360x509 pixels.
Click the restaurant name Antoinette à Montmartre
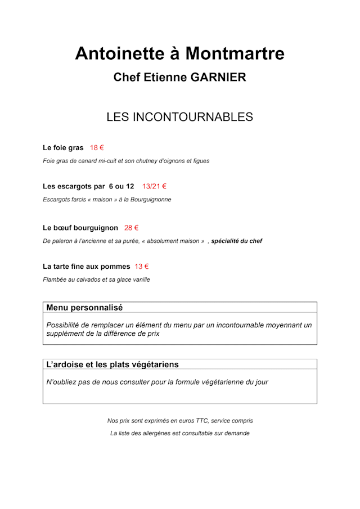click(179, 53)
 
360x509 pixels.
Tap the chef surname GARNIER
click(218, 78)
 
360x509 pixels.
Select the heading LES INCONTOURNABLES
click(179, 117)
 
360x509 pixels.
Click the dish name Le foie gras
click(63, 148)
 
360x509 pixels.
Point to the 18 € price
click(97, 148)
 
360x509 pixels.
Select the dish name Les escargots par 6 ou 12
click(88, 186)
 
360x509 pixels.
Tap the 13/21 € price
click(154, 186)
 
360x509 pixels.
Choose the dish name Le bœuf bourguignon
click(80, 228)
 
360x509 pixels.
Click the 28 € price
click(131, 228)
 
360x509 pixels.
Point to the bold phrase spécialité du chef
click(236, 241)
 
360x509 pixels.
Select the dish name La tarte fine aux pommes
click(86, 267)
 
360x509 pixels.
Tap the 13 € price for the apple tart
click(141, 267)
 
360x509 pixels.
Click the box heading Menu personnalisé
click(84, 308)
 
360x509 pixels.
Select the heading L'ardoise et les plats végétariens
click(112, 364)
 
